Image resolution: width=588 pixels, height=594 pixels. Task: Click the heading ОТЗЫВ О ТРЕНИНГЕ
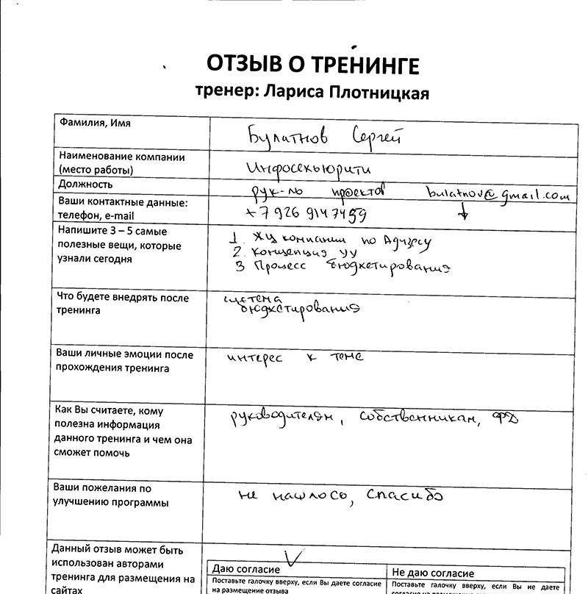click(312, 65)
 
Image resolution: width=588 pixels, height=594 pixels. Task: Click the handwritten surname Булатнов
click(287, 137)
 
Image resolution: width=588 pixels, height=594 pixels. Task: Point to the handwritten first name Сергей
click(376, 137)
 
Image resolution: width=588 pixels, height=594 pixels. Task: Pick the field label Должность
click(85, 185)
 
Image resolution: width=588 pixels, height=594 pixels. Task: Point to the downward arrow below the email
click(463, 212)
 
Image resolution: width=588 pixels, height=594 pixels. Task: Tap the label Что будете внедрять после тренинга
click(123, 304)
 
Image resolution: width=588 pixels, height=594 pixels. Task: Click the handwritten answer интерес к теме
click(295, 358)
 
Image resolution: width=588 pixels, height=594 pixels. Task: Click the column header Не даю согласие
click(433, 573)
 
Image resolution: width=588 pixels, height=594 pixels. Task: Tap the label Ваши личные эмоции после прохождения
click(125, 361)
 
